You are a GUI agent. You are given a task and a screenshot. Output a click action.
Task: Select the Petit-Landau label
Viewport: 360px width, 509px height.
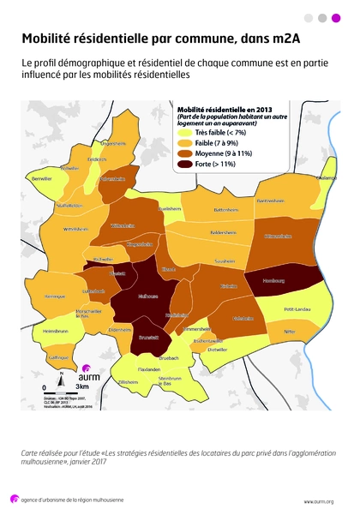297,309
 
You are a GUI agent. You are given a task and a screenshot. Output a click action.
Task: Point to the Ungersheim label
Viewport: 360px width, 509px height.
113,143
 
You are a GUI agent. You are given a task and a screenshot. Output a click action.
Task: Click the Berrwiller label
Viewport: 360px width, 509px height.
42,180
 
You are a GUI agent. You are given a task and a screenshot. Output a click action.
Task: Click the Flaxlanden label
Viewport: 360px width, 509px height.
149,368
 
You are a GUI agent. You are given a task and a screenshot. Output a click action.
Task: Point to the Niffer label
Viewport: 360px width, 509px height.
289,331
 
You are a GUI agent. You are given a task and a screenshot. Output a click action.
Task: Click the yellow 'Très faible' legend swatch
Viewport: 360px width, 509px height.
183,134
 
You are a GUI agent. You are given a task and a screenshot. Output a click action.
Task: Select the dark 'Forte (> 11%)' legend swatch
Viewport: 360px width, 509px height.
183,163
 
